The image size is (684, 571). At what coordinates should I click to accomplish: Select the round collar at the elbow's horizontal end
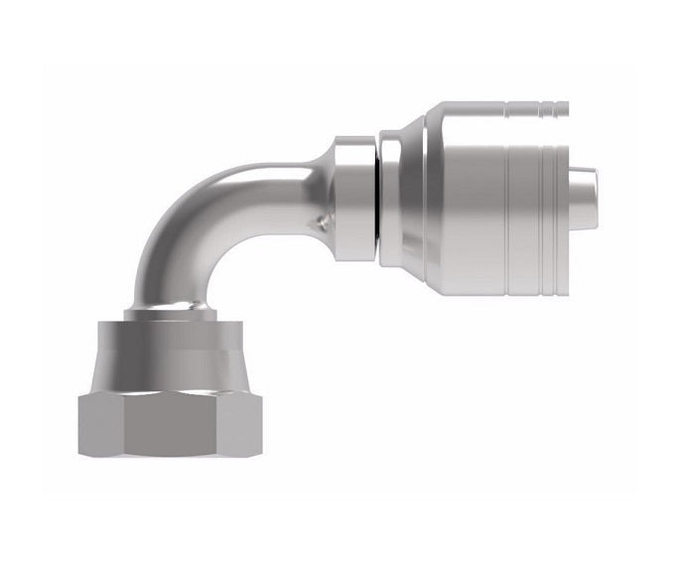tap(353, 199)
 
